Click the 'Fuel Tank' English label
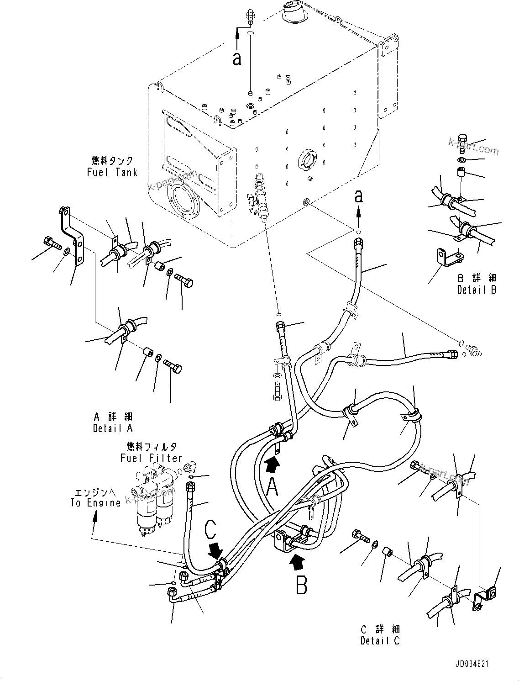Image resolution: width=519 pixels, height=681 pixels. (112, 172)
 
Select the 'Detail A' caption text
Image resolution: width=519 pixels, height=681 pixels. (113, 428)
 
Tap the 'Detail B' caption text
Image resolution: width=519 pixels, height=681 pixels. (477, 290)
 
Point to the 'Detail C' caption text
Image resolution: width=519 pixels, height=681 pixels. (380, 641)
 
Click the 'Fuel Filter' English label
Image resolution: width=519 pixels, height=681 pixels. (151, 458)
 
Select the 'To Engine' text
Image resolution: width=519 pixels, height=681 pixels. (95, 503)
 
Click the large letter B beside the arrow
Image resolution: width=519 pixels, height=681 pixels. (301, 584)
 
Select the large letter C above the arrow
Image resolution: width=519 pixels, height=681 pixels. (211, 530)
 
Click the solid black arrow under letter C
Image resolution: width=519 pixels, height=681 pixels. (215, 550)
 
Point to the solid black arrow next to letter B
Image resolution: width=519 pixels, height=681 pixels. (296, 561)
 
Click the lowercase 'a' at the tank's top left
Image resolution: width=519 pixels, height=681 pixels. (236, 58)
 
